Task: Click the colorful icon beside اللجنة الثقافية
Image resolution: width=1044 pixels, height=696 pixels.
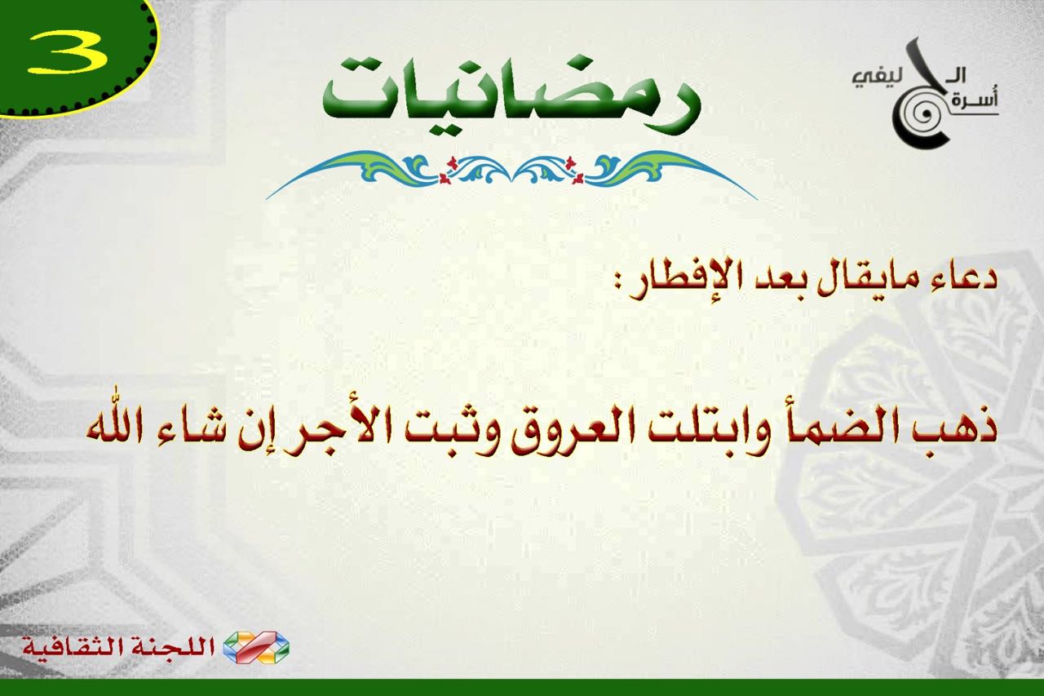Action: [x=256, y=648]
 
